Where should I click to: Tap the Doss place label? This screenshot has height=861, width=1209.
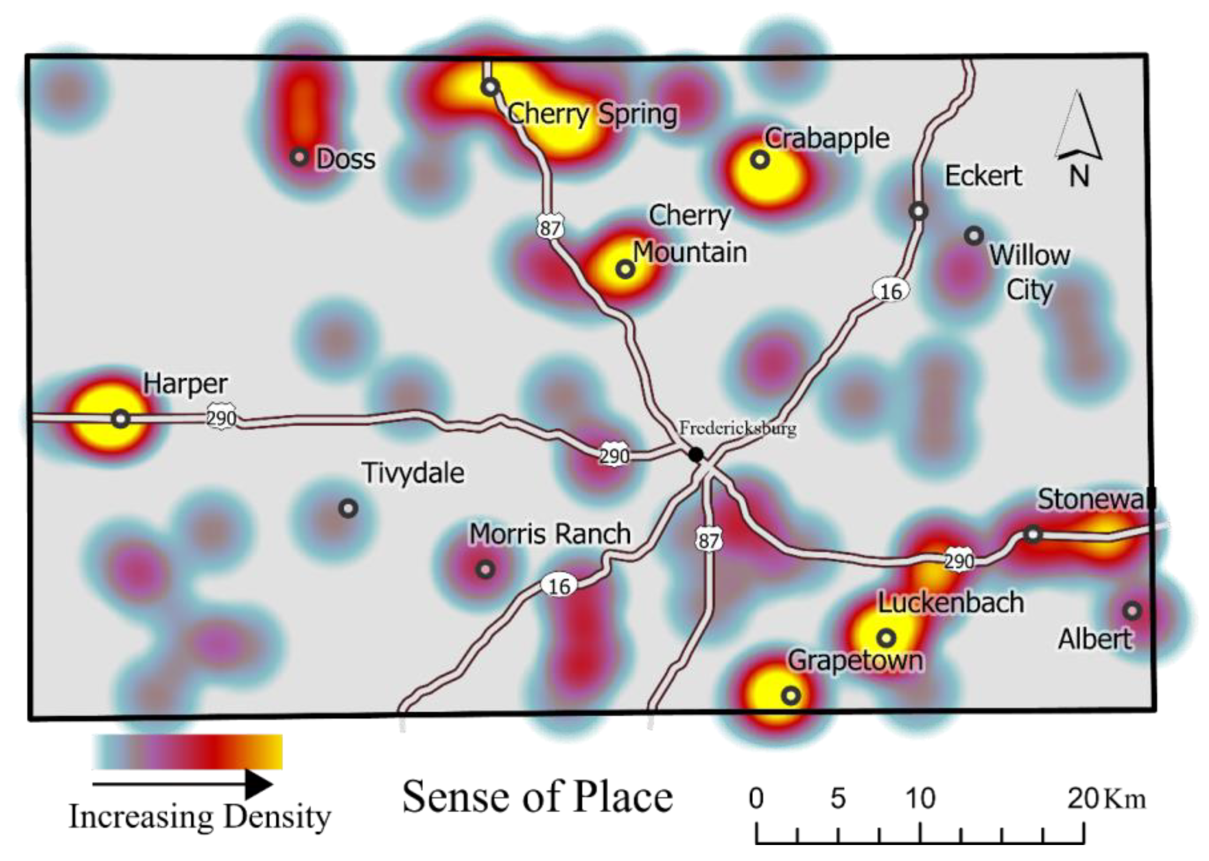coord(346,159)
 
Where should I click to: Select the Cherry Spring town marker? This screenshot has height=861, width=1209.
coord(490,86)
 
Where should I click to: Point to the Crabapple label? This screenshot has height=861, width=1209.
coord(827,139)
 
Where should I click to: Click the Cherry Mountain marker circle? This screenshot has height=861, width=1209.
coord(625,269)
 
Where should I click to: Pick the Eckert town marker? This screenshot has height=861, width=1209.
coord(919,211)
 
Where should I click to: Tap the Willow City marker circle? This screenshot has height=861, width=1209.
coord(974,235)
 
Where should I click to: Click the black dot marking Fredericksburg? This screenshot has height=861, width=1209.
coord(696,454)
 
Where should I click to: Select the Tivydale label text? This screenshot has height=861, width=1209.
coord(413,473)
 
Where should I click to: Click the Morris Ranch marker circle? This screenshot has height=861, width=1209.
coord(485,569)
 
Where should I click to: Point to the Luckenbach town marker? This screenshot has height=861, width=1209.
coord(887,638)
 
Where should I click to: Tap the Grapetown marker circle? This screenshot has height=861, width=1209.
coord(791,695)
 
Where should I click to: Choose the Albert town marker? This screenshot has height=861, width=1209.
coord(1131,611)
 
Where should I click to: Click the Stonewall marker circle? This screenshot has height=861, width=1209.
coord(1033,534)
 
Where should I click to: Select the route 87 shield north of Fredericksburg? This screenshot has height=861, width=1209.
coord(550,228)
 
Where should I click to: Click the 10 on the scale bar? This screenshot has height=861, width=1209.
coord(920,798)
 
